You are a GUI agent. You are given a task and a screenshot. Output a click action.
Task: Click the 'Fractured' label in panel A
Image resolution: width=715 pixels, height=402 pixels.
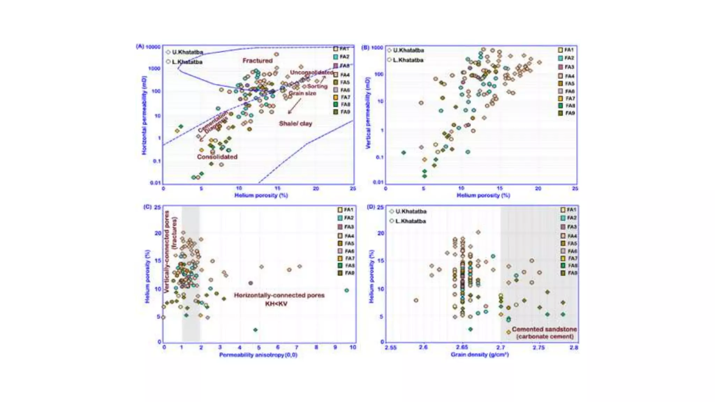pyautogui.click(x=257, y=61)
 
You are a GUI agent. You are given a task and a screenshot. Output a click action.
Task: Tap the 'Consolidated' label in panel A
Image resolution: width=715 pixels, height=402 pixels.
pyautogui.click(x=217, y=157)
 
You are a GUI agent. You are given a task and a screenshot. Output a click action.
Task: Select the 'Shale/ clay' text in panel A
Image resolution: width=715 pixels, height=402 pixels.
pyautogui.click(x=295, y=124)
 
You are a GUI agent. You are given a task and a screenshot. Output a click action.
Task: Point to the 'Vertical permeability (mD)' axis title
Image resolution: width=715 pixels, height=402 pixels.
pyautogui.click(x=368, y=113)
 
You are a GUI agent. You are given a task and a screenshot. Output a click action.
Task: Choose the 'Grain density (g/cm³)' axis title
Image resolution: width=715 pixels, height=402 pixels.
pyautogui.click(x=479, y=355)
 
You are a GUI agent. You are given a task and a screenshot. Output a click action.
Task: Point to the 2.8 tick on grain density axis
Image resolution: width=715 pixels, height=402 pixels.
pyautogui.click(x=574, y=348)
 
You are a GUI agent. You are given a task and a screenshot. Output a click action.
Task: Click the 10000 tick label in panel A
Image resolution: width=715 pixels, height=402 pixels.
pyautogui.click(x=153, y=47)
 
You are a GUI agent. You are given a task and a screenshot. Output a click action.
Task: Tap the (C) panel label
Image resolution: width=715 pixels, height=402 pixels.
pyautogui.click(x=147, y=207)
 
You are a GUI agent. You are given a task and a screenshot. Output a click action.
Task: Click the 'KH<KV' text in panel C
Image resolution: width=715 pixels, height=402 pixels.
pyautogui.click(x=276, y=304)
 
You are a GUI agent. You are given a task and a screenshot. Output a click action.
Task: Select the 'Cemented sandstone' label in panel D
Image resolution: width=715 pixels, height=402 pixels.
pyautogui.click(x=544, y=329)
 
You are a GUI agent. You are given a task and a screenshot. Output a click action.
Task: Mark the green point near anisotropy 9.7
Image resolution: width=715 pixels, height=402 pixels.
pyautogui.click(x=346, y=290)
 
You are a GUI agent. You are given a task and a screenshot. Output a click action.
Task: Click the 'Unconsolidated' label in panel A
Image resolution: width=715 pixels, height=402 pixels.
pyautogui.click(x=311, y=72)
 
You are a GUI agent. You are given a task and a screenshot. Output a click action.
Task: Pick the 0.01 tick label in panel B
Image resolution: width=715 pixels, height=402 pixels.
pyautogui.click(x=378, y=182)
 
